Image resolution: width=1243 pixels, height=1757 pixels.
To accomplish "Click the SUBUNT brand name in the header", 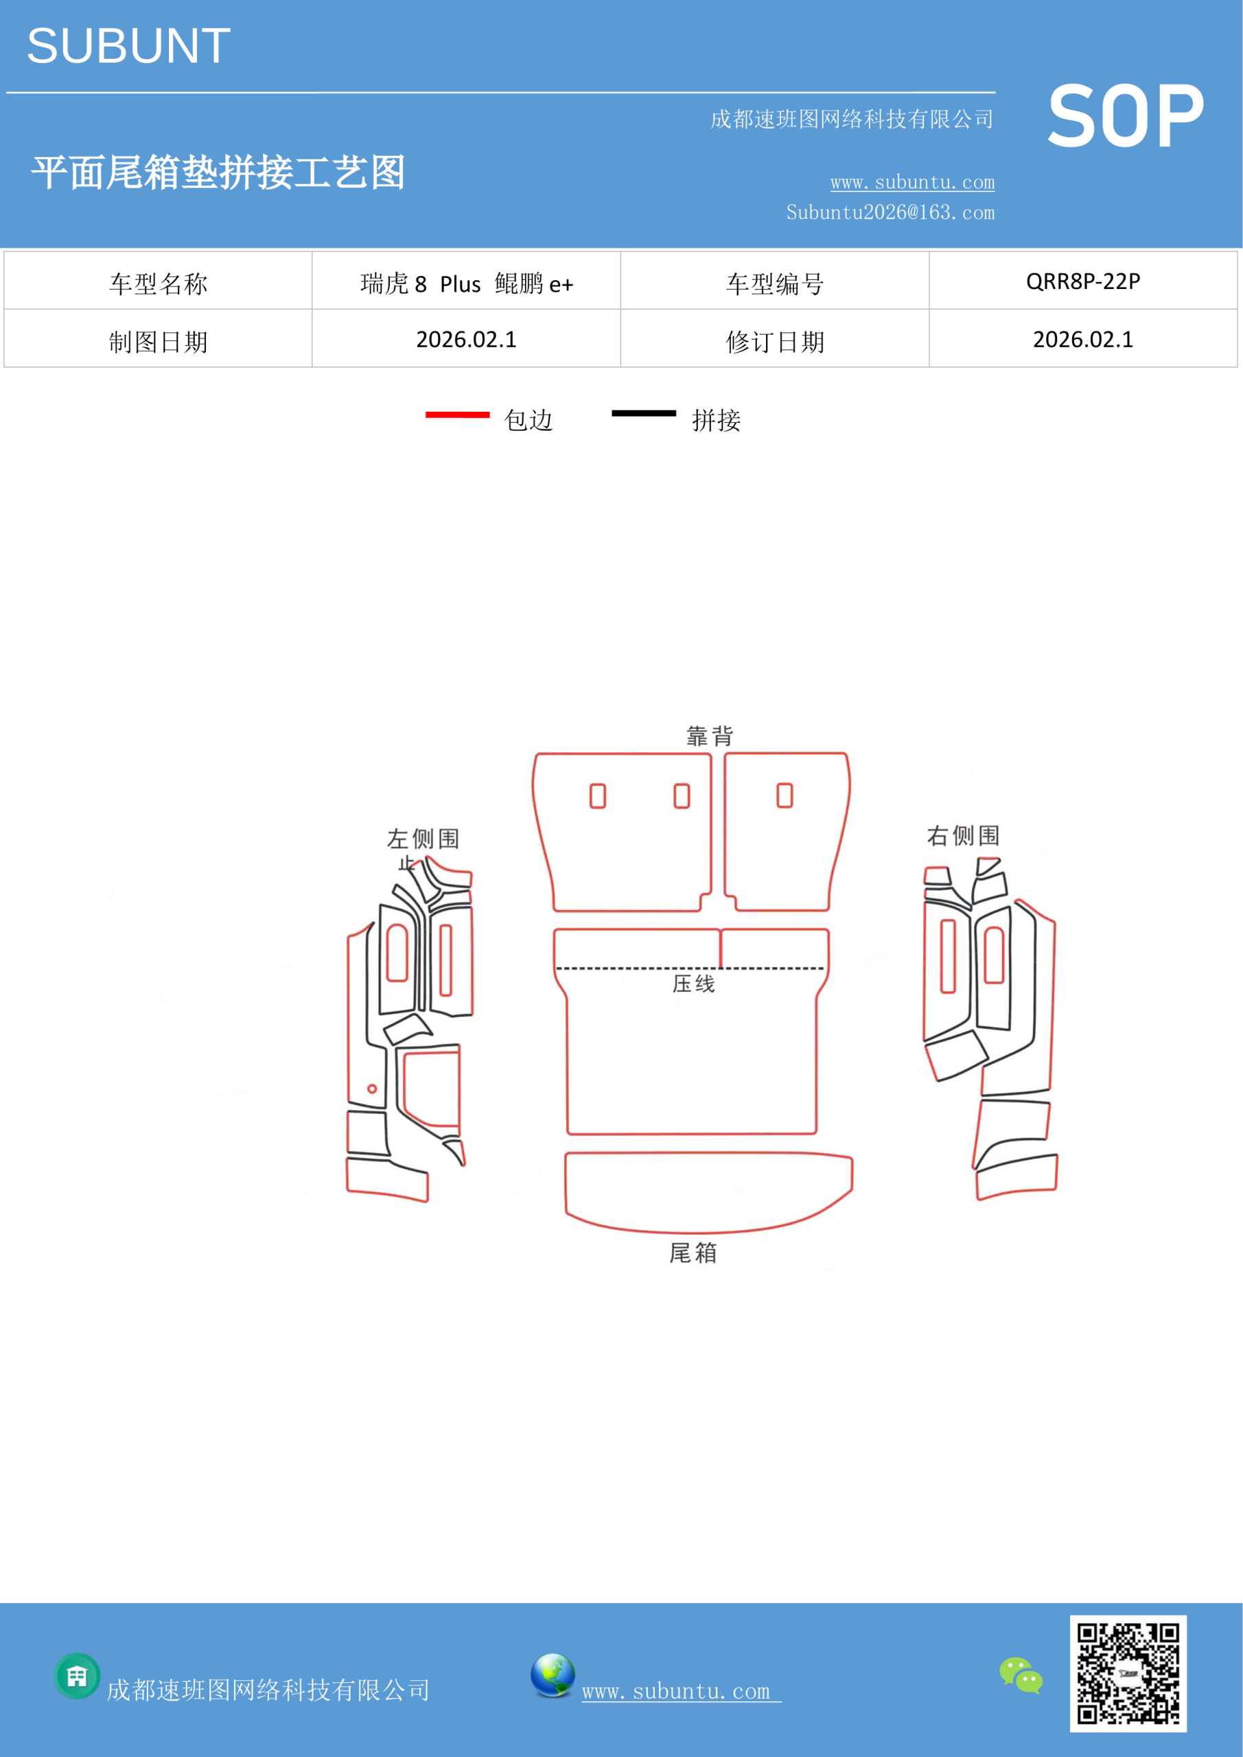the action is click(x=128, y=46).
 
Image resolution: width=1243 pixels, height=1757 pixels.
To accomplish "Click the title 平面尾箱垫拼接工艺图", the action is click(x=218, y=172).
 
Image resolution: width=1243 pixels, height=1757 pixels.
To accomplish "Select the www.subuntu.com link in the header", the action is click(x=912, y=182).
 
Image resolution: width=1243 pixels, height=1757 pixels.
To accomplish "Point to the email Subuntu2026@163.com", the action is click(x=890, y=212).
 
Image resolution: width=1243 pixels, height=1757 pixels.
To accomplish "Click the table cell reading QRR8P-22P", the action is click(x=1083, y=281).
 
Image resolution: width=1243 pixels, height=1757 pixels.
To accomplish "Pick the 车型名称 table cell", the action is click(x=158, y=281).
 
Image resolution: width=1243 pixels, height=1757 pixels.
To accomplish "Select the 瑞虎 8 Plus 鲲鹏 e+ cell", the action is click(x=466, y=281).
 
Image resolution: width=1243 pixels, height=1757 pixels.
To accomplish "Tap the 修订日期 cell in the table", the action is click(x=775, y=339).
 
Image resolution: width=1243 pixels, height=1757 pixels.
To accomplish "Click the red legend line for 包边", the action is click(x=457, y=415).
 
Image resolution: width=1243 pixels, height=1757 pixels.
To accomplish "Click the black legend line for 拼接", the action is click(x=644, y=413).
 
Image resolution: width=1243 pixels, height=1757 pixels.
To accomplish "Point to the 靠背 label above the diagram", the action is click(x=710, y=736).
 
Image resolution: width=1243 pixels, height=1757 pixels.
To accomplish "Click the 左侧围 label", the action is click(x=423, y=839).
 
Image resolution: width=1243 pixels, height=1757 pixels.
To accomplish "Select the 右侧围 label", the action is click(x=963, y=836).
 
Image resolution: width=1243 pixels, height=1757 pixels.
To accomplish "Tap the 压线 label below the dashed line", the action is click(x=693, y=984).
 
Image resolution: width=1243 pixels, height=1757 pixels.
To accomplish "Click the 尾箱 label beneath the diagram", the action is click(x=693, y=1253).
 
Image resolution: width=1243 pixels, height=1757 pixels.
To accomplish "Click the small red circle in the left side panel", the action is click(x=372, y=1089).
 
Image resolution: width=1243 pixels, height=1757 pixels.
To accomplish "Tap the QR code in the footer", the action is click(x=1128, y=1673).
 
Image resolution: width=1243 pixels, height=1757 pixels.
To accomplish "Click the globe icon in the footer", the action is click(x=553, y=1675).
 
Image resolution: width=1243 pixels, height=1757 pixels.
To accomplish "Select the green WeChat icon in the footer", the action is click(x=1021, y=1675).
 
